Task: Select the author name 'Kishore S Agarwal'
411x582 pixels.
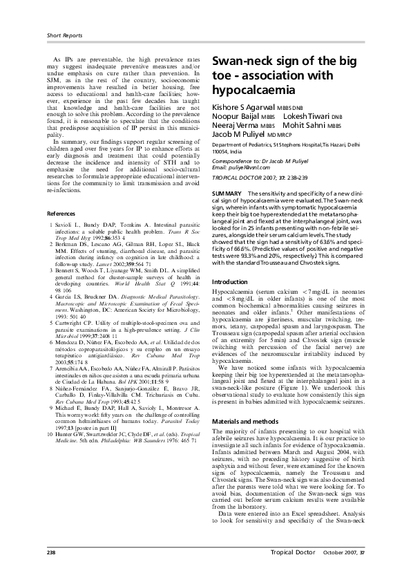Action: (x=242, y=108)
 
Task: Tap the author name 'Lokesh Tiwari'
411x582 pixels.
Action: (x=306, y=118)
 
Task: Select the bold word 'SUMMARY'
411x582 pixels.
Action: (x=227, y=190)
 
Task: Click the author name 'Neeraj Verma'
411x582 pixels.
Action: (x=235, y=127)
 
